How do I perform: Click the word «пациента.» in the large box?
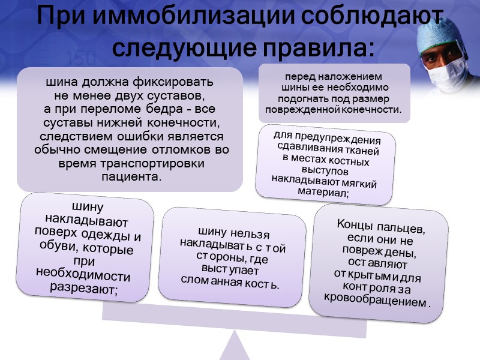[x=130, y=178]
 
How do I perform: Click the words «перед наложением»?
[x=333, y=77]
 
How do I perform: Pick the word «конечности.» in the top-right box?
[x=370, y=110]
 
